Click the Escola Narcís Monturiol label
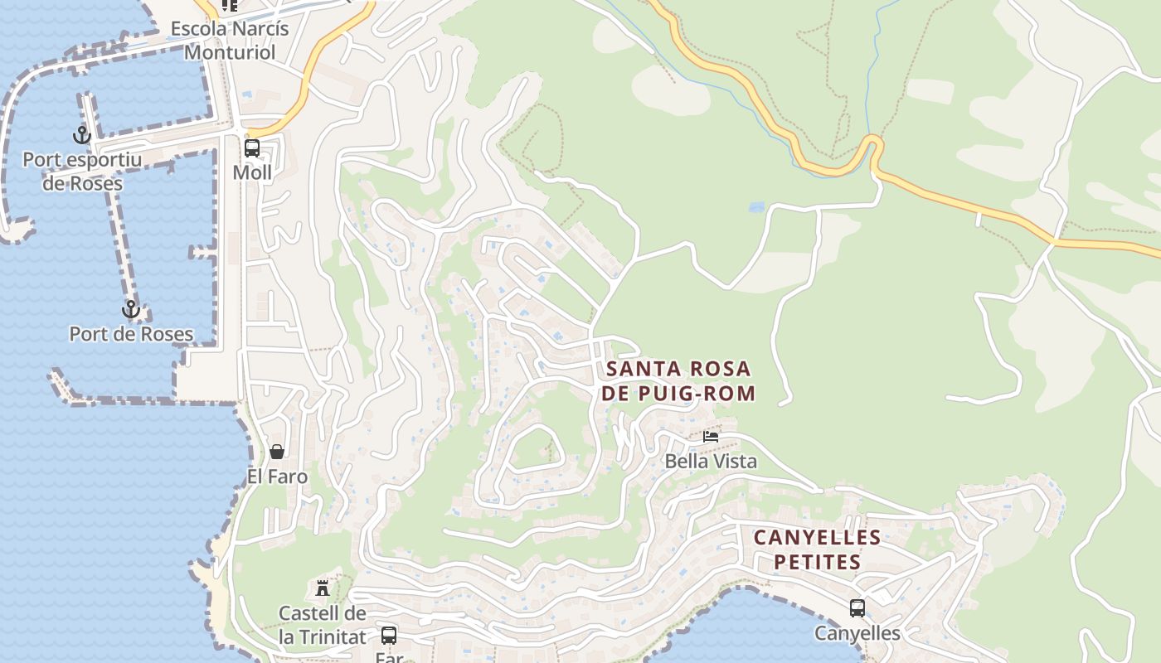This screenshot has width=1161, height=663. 230,41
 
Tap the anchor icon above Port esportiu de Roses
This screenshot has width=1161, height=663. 81,134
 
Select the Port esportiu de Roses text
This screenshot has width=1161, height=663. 82,172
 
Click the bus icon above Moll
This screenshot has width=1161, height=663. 252,148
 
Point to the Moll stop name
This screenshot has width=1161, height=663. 252,172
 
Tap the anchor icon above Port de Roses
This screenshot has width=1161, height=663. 130,310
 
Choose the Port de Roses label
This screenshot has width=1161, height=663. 131,334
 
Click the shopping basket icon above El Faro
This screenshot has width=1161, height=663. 277,452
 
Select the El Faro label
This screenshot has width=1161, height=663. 277,477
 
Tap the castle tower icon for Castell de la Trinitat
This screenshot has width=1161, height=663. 323,588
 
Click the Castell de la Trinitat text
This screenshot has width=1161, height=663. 322,625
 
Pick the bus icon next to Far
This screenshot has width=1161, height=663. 388,636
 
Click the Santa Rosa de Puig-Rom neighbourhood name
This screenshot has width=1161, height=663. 678,380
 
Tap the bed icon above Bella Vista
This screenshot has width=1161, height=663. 711,437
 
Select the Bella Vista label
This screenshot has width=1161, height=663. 711,461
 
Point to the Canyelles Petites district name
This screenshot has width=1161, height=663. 817,549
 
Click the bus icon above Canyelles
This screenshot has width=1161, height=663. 857,608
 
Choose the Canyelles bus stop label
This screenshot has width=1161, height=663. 857,633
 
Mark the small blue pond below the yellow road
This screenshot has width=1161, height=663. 756,207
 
